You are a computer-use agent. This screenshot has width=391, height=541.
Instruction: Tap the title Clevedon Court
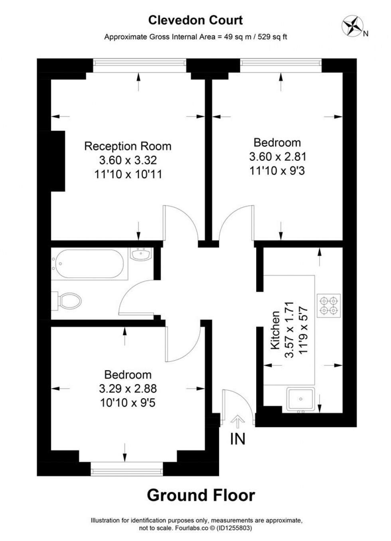coord(195,20)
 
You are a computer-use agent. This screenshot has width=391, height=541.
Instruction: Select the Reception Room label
coord(128,146)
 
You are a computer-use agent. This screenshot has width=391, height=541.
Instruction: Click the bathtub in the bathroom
coord(89,264)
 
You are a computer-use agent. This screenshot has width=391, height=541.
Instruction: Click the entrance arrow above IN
coord(238,422)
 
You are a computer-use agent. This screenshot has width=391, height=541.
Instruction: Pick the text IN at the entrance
coord(238,439)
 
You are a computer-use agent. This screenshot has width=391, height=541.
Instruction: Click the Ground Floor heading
coord(201,495)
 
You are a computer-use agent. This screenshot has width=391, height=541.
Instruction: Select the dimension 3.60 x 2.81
coord(277,156)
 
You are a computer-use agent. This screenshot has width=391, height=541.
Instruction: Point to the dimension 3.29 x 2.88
coord(128,388)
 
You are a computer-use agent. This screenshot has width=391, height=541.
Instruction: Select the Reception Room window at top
coord(139,66)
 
